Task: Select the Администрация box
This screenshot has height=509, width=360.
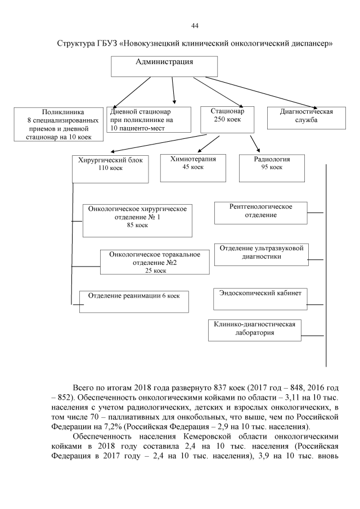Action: click(x=164, y=66)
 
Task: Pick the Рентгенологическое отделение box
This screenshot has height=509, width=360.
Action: click(x=260, y=212)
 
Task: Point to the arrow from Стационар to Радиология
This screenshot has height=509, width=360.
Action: click(x=254, y=143)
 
